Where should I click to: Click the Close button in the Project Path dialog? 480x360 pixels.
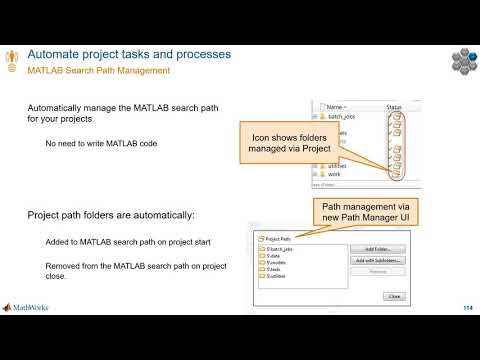click(393, 296)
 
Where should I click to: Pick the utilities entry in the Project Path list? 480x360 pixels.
click(274, 276)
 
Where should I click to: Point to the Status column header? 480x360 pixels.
click(394, 106)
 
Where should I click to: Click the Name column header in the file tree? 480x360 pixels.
click(336, 106)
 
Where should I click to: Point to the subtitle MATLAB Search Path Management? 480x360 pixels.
click(97, 71)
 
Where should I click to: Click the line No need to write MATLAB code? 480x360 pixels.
click(100, 144)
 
